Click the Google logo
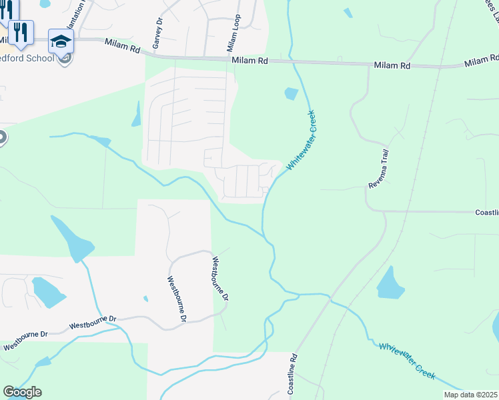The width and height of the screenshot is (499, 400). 22,392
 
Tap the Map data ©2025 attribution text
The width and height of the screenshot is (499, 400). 470,395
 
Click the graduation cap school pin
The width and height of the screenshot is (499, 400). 61,41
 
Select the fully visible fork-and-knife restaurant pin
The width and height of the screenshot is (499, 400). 21,31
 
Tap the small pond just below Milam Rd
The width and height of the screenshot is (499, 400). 291,93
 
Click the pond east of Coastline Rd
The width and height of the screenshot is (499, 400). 390,284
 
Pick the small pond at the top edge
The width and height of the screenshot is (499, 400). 348,13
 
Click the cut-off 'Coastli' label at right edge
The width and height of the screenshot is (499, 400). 486,213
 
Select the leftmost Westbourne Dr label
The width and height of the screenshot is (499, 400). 25,342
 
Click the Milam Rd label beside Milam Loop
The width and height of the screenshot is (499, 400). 250,61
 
